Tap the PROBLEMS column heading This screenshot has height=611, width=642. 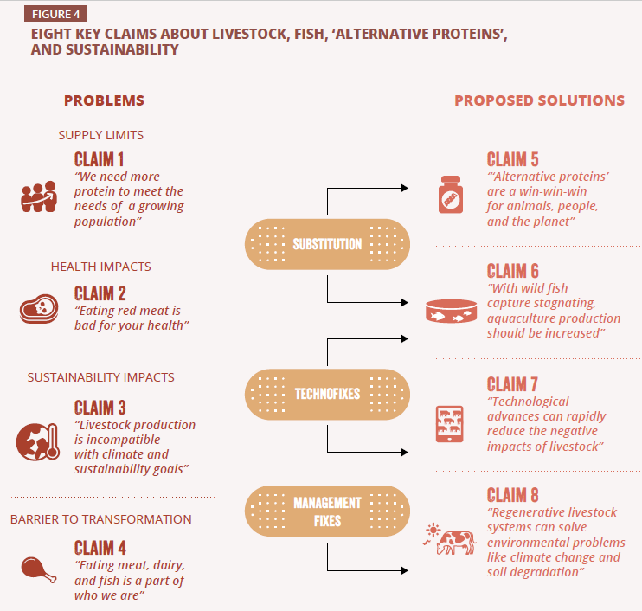(x=104, y=100)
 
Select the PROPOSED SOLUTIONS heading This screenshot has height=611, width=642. (x=539, y=100)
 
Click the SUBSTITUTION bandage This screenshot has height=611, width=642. (x=327, y=244)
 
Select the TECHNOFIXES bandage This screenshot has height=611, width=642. (x=327, y=394)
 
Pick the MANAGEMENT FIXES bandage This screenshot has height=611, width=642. (x=327, y=511)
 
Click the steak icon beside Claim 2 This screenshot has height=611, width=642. (x=38, y=309)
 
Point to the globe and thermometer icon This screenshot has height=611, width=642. (x=38, y=441)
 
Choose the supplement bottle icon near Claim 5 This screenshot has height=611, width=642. (x=450, y=195)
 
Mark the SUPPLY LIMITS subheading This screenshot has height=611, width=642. (x=101, y=135)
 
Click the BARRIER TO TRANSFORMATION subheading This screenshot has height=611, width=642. (x=101, y=519)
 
